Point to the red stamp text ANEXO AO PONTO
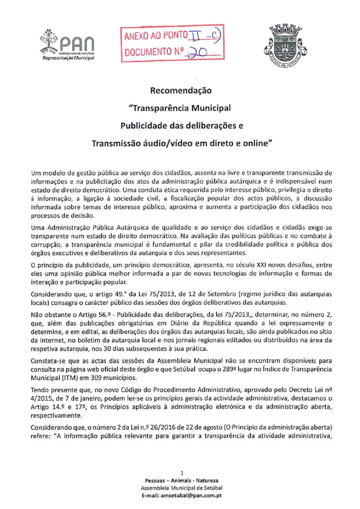pyautogui.click(x=156, y=36)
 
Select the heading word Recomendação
pyautogui.click(x=180, y=91)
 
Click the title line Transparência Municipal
pyautogui.click(x=180, y=107)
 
